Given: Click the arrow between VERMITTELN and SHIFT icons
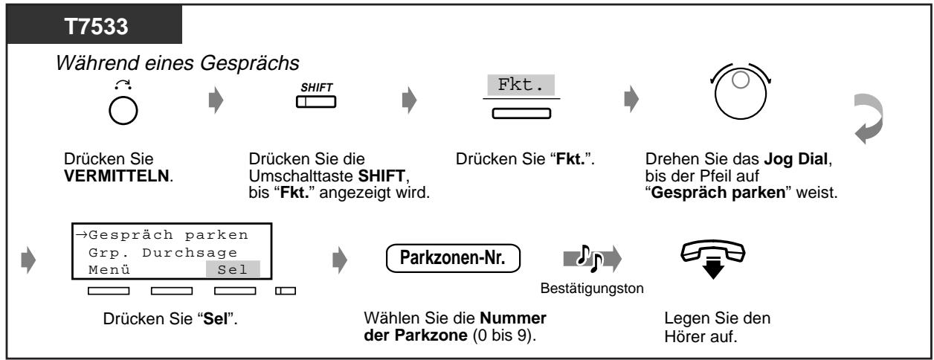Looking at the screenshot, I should (x=205, y=99).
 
